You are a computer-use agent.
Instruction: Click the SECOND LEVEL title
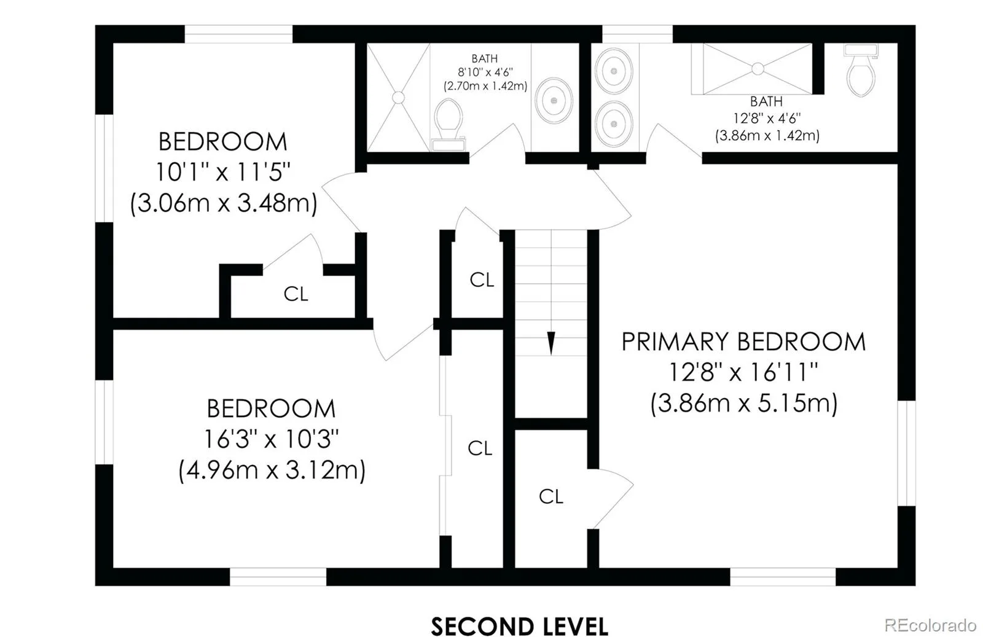click(x=520, y=625)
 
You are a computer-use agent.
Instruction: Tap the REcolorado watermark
click(x=930, y=624)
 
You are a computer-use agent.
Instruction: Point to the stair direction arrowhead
click(x=551, y=343)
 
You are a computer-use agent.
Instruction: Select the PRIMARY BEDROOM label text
click(x=743, y=342)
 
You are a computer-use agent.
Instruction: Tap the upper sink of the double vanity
click(x=614, y=71)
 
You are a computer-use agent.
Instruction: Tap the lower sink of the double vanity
click(x=614, y=123)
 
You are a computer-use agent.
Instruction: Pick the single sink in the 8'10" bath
click(x=554, y=101)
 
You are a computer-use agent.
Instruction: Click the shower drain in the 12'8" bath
click(x=758, y=69)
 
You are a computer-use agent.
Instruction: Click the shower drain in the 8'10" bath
click(x=398, y=98)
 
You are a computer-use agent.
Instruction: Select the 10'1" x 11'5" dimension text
click(x=223, y=172)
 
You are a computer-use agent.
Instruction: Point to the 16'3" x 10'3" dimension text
click(x=271, y=439)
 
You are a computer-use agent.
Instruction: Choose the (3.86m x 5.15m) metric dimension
click(x=744, y=403)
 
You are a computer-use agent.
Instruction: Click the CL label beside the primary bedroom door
click(x=550, y=496)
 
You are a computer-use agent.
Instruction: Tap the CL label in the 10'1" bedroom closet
click(x=296, y=294)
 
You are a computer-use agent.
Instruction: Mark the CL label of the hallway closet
click(x=482, y=279)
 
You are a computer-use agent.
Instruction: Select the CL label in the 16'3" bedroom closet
click(x=480, y=448)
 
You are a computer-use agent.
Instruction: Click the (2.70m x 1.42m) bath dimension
click(x=485, y=85)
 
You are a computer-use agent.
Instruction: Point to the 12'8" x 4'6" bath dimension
click(x=767, y=118)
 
